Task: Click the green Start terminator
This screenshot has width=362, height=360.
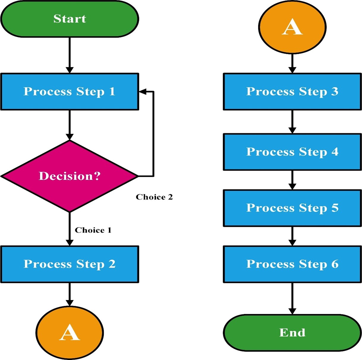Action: click(69, 19)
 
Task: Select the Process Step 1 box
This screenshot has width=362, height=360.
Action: click(69, 92)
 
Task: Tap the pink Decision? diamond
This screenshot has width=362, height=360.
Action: click(69, 176)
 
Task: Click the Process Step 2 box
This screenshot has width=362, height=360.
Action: click(69, 264)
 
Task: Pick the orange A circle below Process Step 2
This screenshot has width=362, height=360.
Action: click(69, 332)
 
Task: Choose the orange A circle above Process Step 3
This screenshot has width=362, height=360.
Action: click(292, 27)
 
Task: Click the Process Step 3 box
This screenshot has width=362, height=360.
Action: click(292, 92)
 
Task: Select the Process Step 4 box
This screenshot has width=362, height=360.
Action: click(292, 152)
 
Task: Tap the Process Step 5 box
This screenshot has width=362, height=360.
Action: click(292, 208)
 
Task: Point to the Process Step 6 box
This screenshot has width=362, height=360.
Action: click(292, 264)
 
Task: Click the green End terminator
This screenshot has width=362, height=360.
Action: click(292, 333)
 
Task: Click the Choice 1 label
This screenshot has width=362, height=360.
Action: click(93, 230)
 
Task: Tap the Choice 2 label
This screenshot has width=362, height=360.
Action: click(154, 197)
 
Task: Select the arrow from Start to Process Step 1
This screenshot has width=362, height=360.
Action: click(69, 55)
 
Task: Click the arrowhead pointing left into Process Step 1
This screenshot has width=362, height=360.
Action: click(143, 92)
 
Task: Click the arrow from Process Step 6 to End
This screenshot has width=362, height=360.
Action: click(292, 298)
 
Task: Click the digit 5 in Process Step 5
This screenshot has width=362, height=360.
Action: click(335, 208)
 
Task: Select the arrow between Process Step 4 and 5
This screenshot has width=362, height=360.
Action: click(292, 180)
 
